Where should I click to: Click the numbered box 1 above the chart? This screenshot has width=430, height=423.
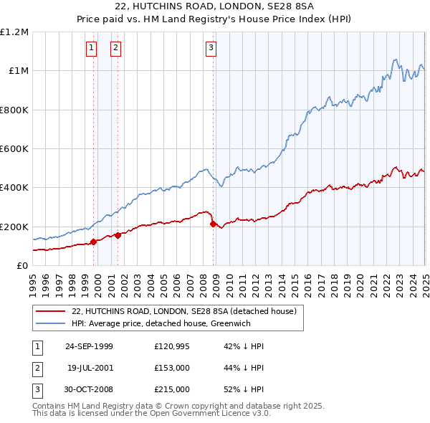[92, 48]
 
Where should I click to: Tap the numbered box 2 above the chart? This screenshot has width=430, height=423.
[115, 48]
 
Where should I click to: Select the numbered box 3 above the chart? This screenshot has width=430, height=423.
[211, 48]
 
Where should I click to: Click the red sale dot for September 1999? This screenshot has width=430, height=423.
[94, 242]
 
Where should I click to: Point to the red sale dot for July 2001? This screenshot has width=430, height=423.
[118, 236]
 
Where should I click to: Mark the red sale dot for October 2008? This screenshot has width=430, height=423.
[213, 224]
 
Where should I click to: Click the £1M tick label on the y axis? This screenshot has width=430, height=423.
[17, 71]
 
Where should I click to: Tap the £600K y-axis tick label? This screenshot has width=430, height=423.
[14, 149]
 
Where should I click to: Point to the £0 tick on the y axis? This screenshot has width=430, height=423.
[22, 266]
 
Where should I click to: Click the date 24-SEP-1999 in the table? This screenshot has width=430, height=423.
[89, 346]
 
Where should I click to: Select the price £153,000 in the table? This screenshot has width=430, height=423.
[171, 368]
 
